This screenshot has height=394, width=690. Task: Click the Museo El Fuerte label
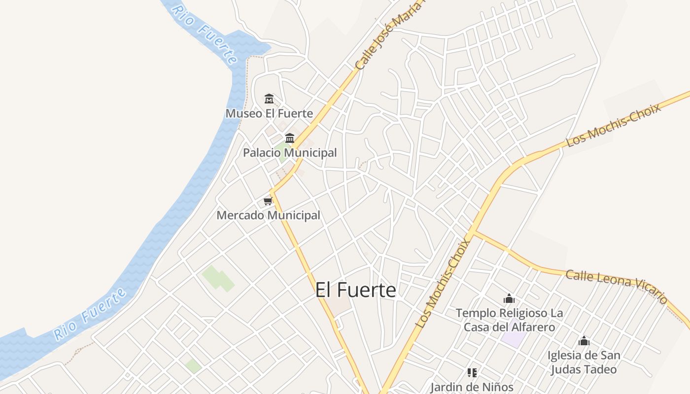269,113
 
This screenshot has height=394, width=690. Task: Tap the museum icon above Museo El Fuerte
269,99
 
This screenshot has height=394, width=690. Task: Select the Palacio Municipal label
290,153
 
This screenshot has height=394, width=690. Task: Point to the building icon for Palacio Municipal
290,138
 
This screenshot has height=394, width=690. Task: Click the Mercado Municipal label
268,215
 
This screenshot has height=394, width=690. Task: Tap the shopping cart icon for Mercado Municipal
268,201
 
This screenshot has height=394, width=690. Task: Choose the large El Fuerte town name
355,290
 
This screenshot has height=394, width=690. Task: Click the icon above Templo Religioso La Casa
509,298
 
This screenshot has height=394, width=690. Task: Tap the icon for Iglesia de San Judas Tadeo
584,341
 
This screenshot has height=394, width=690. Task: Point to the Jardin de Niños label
472,387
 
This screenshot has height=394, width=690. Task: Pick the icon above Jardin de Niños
472,373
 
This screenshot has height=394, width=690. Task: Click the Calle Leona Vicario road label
616,285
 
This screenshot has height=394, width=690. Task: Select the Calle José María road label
389,37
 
